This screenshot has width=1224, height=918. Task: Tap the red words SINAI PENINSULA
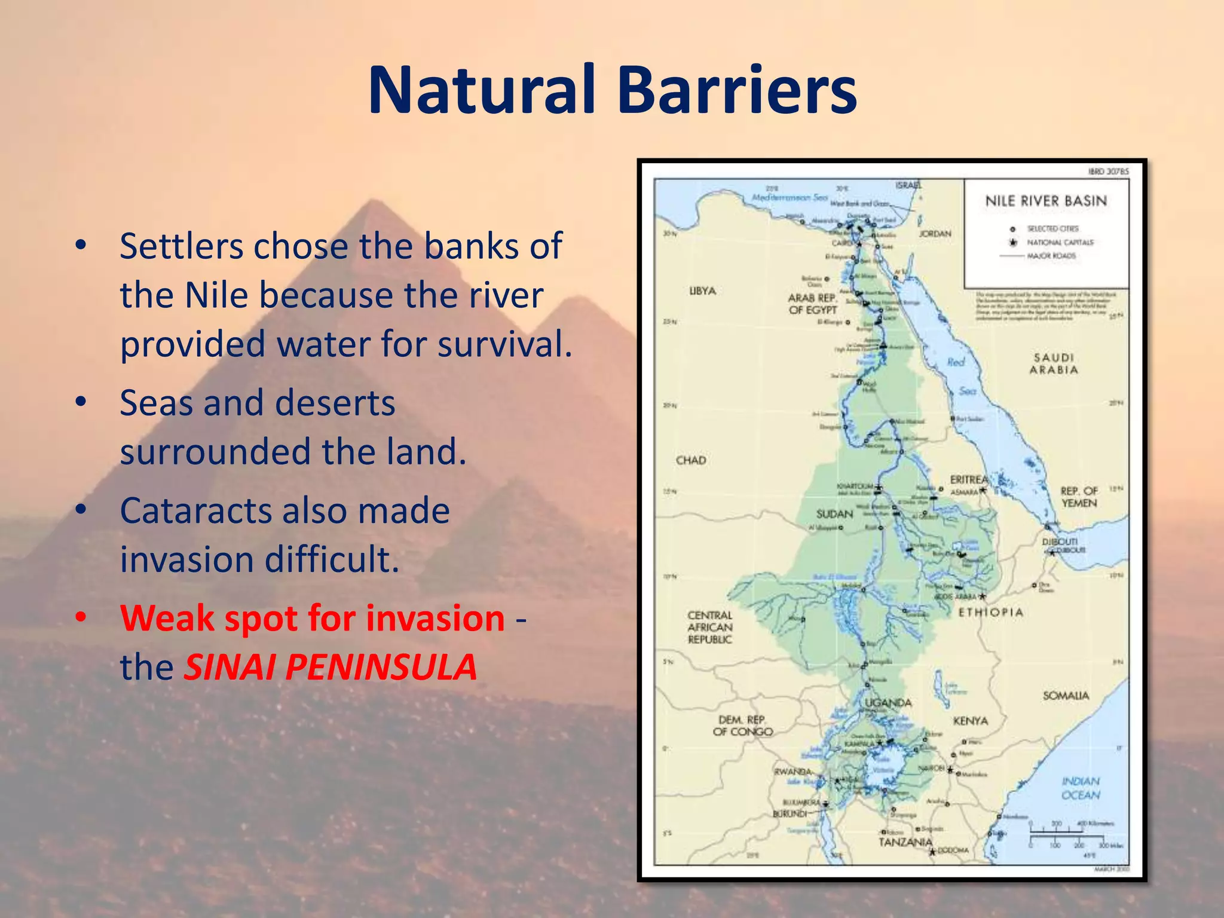point(330,667)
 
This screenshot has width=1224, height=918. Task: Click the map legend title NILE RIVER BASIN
point(1046,201)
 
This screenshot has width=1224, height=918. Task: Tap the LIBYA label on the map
point(702,291)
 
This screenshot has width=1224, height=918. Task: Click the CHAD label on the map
point(691,460)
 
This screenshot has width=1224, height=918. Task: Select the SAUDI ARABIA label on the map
point(1054,363)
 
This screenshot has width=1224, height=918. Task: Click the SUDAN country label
point(834,514)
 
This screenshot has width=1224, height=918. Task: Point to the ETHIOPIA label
point(991,613)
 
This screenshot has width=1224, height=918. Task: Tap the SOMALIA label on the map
point(1066,696)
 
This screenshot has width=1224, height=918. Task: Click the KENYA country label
point(971,721)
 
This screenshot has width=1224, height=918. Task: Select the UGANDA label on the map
point(888,703)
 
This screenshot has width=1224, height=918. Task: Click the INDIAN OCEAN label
point(1081,788)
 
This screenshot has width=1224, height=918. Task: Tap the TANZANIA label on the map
point(905,841)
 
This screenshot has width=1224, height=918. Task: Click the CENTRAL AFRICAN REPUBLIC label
point(710,627)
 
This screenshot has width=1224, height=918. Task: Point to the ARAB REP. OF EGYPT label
point(812,304)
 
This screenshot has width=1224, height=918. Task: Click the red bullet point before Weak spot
point(81,617)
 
